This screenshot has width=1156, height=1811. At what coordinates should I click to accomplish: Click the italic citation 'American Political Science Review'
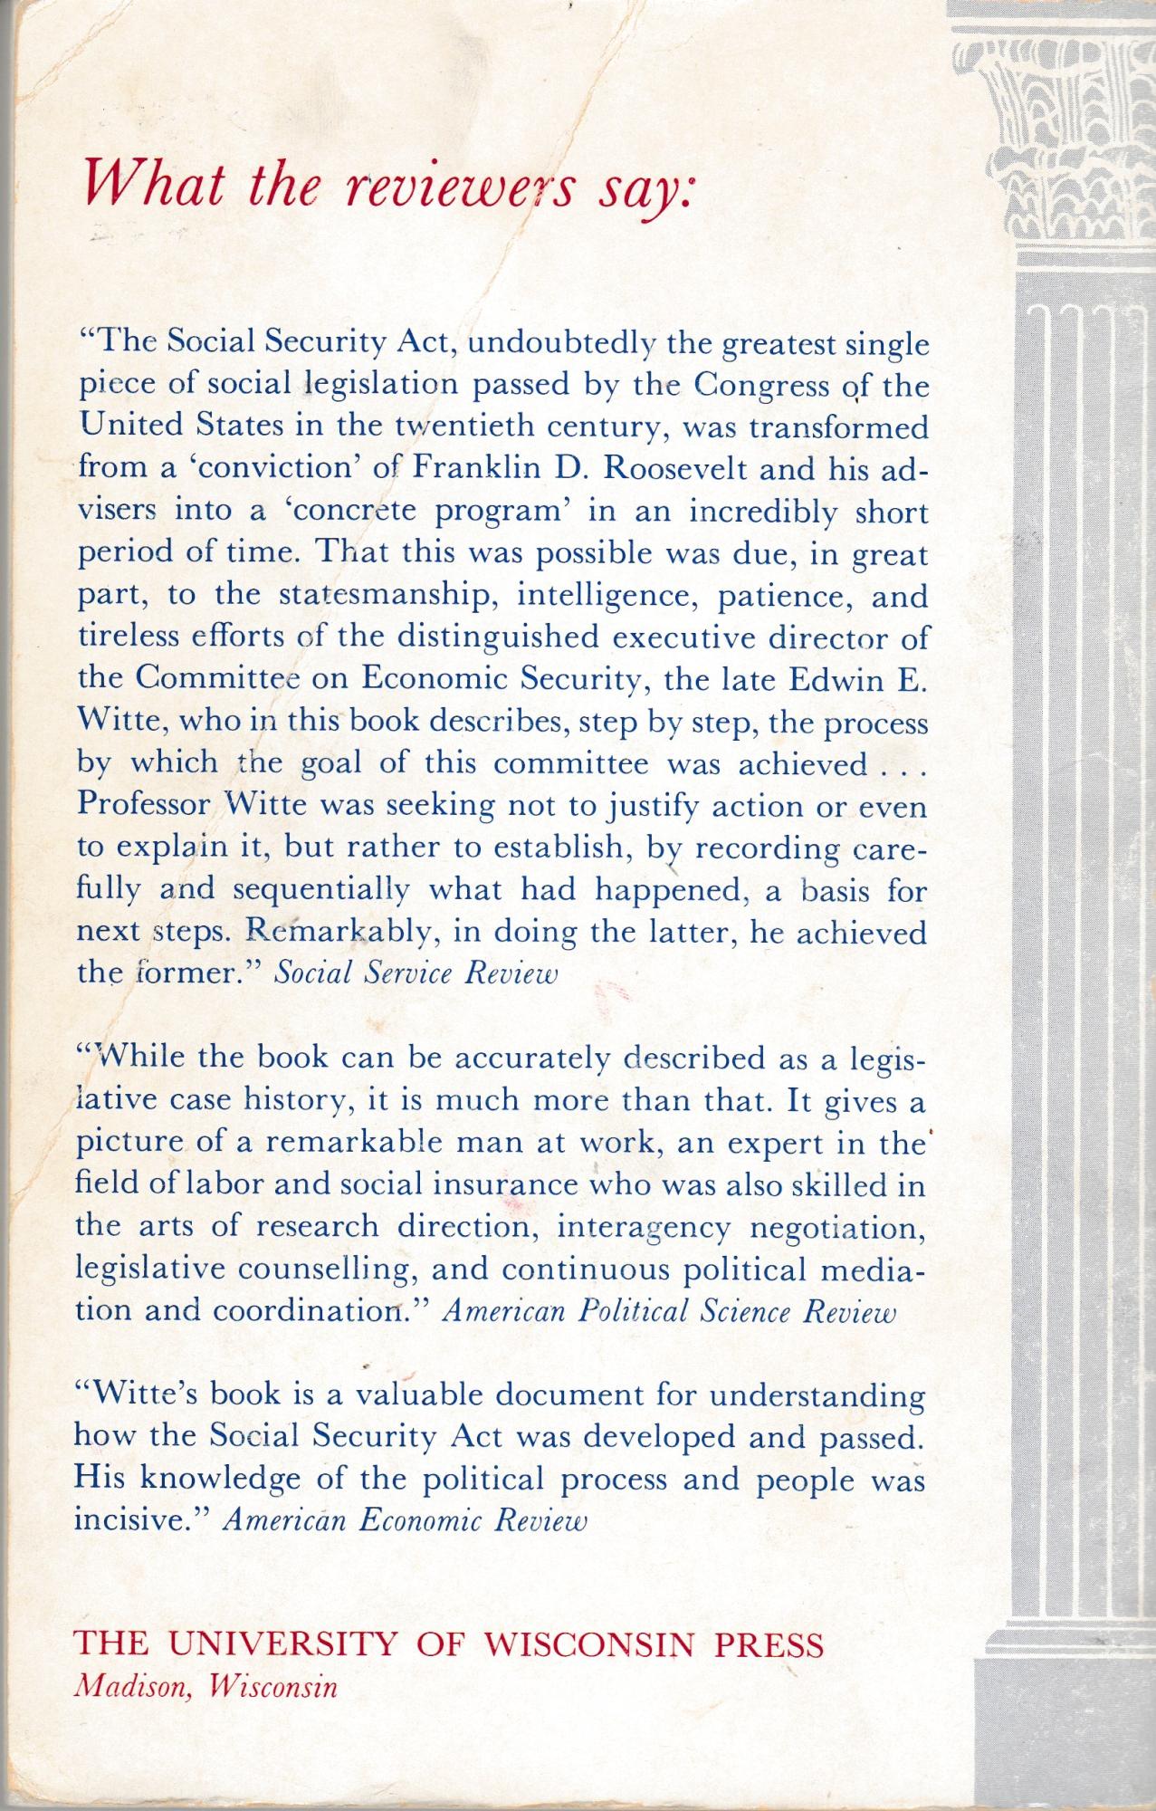(668, 1312)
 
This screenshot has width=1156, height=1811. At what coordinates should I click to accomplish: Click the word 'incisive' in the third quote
(135, 1520)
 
